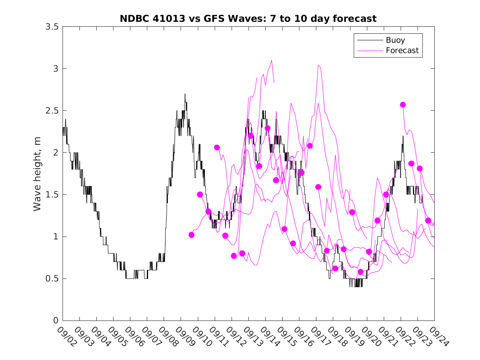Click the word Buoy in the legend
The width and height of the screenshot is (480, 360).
pyautogui.click(x=395, y=40)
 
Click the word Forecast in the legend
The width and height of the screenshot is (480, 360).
pyautogui.click(x=402, y=51)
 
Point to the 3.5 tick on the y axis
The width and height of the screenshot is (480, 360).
pyautogui.click(x=53, y=27)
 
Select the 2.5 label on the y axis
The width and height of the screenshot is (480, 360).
pyautogui.click(x=53, y=111)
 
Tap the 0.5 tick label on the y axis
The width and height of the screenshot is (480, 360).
pyautogui.click(x=53, y=279)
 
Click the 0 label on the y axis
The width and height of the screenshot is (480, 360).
pyautogui.click(x=56, y=321)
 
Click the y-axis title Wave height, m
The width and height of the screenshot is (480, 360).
pyautogui.click(x=37, y=174)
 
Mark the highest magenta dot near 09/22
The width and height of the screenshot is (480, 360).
pyautogui.click(x=403, y=105)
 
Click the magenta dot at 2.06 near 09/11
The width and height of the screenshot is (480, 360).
pyautogui.click(x=217, y=147)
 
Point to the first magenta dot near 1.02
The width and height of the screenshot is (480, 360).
pyautogui.click(x=191, y=235)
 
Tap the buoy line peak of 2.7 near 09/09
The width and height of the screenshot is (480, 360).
pyautogui.click(x=185, y=94)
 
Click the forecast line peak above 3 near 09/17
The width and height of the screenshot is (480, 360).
pyautogui.click(x=319, y=65)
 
